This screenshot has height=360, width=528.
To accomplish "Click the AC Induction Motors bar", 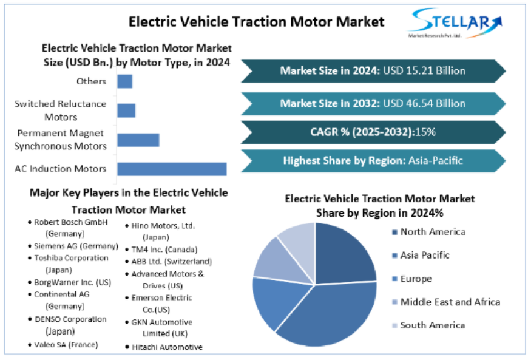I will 172,169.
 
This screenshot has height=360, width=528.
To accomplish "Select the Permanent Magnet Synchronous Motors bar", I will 138,140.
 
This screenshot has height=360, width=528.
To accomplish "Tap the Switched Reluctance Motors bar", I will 126,110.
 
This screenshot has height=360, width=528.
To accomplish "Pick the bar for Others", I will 124,81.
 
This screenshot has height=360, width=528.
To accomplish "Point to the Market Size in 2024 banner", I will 373,71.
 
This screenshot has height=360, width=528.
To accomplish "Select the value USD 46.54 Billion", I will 424,103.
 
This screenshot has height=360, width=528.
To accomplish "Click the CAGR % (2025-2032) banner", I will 373,132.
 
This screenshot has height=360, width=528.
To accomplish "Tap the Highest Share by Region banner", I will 373,161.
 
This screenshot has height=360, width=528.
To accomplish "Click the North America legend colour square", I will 394,232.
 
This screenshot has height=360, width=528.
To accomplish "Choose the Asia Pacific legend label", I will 425,255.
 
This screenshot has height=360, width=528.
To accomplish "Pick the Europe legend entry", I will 416,279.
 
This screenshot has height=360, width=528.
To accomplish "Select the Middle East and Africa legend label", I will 450,302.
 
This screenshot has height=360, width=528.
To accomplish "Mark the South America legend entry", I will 432,325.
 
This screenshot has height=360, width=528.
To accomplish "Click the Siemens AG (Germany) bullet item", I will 76,246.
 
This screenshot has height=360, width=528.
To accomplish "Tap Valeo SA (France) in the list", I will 66,344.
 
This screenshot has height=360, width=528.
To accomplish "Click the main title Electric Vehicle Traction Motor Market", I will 256,22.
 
